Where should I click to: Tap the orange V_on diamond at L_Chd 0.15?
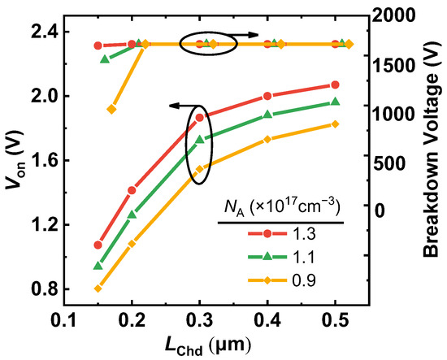98,288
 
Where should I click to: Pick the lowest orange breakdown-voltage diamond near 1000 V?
112,109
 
